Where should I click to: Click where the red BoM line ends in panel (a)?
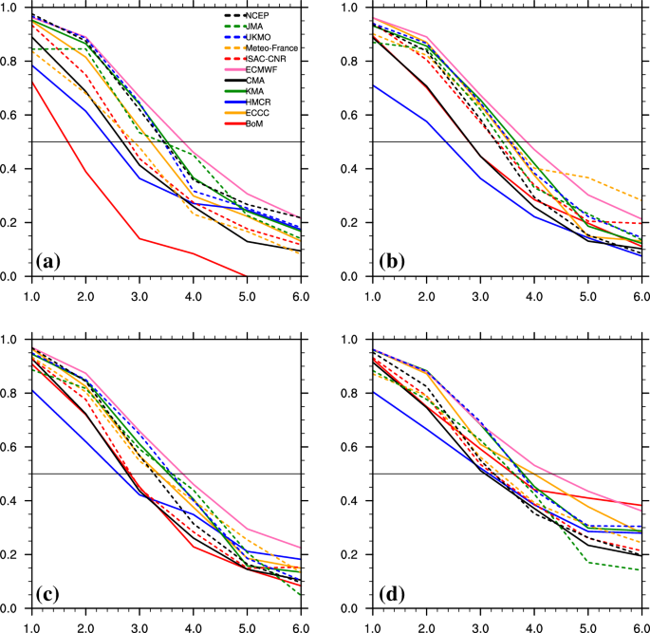pyautogui.click(x=247, y=276)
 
